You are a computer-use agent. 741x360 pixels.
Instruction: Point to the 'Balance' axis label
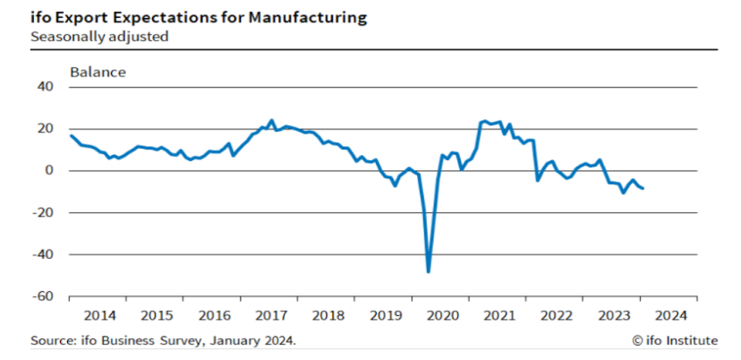point(98,72)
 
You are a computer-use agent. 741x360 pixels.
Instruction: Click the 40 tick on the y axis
point(45,87)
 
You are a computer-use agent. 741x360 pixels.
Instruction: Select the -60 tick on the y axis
point(42,296)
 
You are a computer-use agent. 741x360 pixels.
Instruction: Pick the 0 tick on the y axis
point(49,170)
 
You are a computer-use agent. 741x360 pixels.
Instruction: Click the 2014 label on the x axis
point(99,315)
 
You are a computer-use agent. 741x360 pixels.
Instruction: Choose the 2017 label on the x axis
point(270,315)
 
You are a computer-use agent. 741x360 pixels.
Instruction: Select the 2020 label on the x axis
point(442,315)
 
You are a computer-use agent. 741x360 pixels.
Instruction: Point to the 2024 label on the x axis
point(669,315)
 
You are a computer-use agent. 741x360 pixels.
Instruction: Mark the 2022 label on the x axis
point(556,315)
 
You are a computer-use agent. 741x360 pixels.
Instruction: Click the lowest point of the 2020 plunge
point(429,270)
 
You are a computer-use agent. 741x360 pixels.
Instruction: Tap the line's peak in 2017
point(271,120)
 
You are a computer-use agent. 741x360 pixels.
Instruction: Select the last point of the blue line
point(643,188)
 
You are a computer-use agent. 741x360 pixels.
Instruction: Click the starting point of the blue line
point(71,135)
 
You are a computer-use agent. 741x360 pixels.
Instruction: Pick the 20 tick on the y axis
point(45,128)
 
